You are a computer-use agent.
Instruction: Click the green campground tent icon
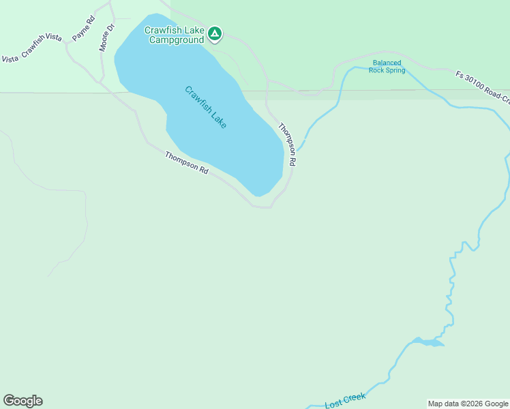(215, 33)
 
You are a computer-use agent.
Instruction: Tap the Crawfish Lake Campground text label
(175, 35)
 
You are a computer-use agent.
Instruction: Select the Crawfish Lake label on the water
(205, 108)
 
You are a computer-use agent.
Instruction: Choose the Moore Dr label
(107, 37)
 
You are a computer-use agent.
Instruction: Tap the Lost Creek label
(346, 400)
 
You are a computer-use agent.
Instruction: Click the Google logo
(22, 401)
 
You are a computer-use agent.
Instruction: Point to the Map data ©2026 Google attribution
(468, 404)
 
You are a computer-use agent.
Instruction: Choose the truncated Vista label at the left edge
(10, 59)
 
